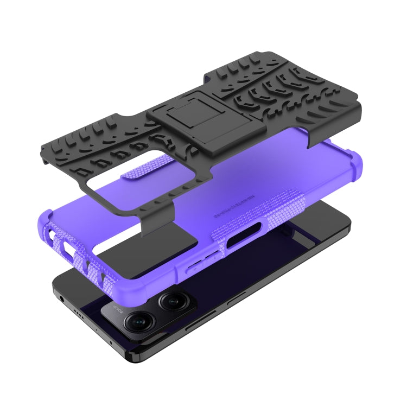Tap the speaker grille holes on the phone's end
click(80, 314)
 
